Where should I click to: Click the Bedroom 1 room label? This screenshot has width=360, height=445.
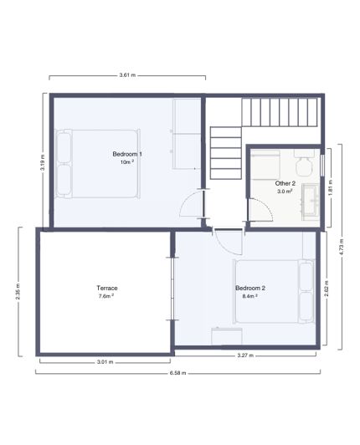click(127, 154)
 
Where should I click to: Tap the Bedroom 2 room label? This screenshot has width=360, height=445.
click(249, 289)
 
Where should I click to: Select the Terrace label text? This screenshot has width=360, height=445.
click(106, 288)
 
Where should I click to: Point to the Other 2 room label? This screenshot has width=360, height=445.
click(285, 182)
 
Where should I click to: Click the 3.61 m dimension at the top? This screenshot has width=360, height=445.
click(127, 75)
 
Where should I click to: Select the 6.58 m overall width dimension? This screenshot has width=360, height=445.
click(177, 373)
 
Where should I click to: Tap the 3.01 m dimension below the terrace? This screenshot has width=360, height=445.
click(104, 362)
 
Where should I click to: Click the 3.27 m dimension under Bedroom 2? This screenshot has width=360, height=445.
click(246, 355)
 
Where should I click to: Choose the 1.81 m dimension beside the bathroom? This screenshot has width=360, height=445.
click(332, 187)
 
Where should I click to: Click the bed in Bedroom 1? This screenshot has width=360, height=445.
click(96, 163)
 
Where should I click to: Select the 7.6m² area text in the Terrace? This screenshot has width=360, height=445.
click(106, 296)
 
